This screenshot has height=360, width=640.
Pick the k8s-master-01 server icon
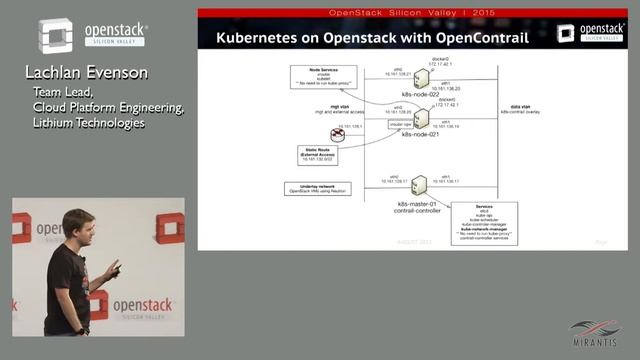pyautogui.click(x=419, y=185)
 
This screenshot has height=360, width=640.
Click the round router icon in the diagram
pyautogui.click(x=340, y=133)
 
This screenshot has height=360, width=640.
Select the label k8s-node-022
pyautogui.click(x=420, y=94)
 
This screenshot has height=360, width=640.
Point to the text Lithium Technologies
pyautogui.click(x=88, y=123)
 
